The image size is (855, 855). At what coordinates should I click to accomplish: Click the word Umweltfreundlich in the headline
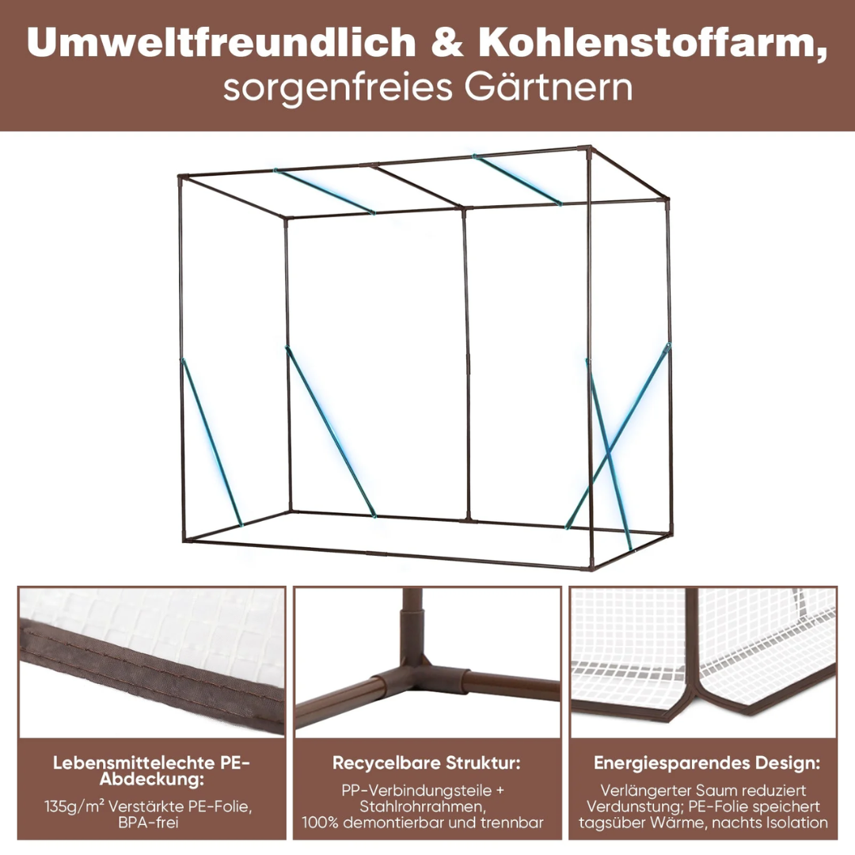222,42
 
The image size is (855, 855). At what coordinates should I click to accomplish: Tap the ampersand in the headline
447,43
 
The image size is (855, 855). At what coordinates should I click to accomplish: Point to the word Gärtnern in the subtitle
549,87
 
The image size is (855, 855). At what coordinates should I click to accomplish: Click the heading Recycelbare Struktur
427,763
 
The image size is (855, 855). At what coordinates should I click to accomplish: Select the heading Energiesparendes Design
707,763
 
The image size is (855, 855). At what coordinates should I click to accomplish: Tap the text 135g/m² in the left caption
74,807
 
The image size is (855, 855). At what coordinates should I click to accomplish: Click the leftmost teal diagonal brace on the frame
211,443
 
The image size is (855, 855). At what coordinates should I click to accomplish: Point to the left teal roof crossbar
325,192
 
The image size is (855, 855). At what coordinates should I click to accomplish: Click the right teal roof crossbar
517,180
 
